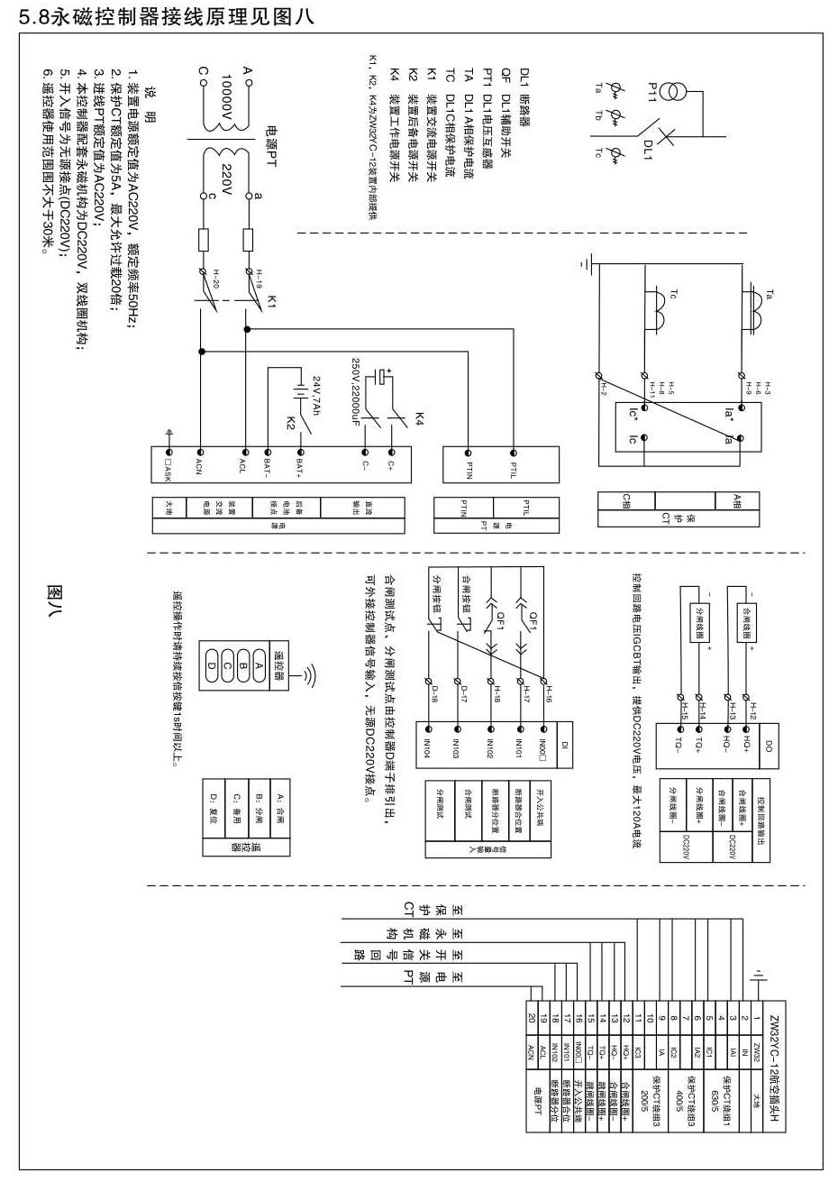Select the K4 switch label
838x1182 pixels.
[419, 418]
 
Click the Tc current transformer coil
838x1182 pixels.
[659, 316]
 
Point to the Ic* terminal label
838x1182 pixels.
[633, 414]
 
